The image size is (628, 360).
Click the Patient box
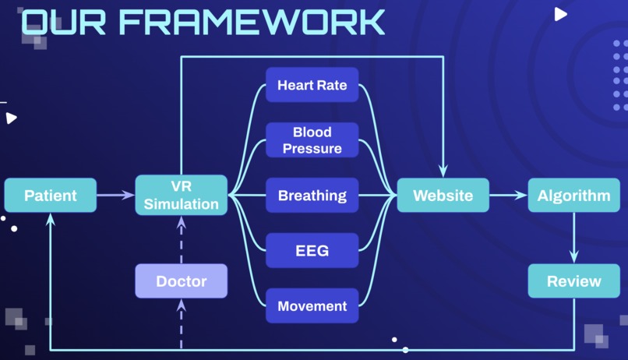(51, 195)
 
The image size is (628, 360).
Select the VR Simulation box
(182, 195)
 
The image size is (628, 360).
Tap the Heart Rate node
(312, 85)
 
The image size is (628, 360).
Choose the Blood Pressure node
(312, 140)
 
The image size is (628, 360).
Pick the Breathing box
(312, 195)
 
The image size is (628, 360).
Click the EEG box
(312, 251)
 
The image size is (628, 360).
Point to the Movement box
(312, 305)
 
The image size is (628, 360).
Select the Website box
(443, 195)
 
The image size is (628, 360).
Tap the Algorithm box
(573, 195)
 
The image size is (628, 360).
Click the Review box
(573, 281)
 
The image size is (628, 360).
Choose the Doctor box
(182, 281)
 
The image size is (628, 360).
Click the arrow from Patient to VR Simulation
(116, 195)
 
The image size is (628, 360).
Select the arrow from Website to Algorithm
(508, 195)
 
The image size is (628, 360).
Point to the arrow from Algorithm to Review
(573, 238)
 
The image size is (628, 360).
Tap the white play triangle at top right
(560, 14)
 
